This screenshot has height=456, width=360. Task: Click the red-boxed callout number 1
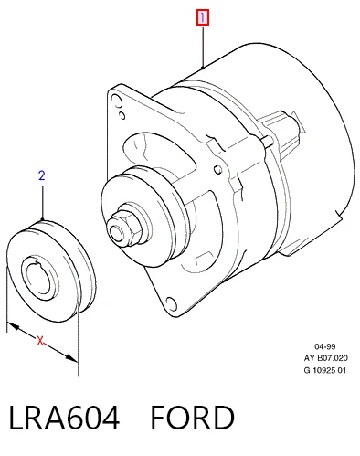point(203,17)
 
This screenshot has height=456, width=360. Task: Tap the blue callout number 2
point(42,175)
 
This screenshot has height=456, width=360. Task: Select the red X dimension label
point(40,341)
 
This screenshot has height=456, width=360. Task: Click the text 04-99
point(324,346)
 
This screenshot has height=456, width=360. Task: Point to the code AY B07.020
point(325,358)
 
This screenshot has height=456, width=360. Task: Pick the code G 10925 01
point(325,370)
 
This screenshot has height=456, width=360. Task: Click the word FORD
point(193,418)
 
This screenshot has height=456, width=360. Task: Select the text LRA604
point(64,418)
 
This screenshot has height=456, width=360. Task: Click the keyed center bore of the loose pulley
point(40,279)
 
